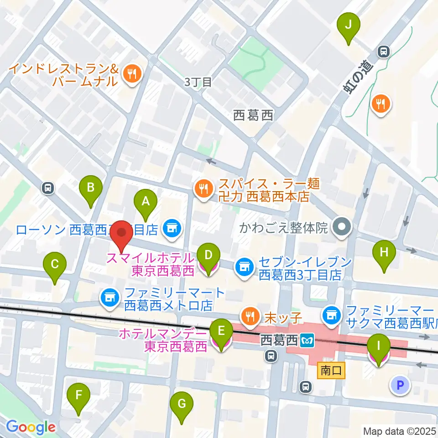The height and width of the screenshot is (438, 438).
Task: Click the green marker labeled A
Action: [x=146, y=201]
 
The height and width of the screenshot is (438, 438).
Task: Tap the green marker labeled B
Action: [x=91, y=188]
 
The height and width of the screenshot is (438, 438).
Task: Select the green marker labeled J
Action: [x=348, y=26]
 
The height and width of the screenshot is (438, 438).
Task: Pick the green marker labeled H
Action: [x=384, y=252]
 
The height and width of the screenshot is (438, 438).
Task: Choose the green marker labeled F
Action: [x=79, y=395]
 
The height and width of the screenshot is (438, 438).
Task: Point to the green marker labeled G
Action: [x=182, y=404]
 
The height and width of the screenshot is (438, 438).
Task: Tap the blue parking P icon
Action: [x=400, y=386]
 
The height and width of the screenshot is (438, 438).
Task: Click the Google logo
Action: [x=31, y=427]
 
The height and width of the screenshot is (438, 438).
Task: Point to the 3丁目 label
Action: [x=198, y=83]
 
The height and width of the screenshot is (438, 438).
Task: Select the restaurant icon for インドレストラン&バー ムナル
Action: [x=133, y=73]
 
